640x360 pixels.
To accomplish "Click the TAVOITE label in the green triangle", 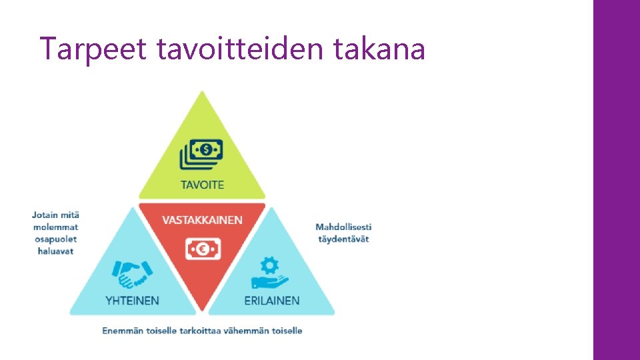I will tap(203, 185).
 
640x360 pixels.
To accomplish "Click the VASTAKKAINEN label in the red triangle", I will tap(203, 220).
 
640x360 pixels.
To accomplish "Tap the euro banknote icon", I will tap(203, 250).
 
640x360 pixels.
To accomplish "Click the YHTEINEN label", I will tap(133, 301).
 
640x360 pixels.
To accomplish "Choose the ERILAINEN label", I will tap(271, 301).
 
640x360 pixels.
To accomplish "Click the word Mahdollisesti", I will tap(343, 227).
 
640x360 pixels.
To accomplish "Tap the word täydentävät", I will tap(343, 239).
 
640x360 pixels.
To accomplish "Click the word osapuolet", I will tap(55, 239).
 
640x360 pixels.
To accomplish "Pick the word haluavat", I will tap(55, 251).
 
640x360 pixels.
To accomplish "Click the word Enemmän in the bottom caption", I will tap(122, 330).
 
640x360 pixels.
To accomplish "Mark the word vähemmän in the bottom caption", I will tap(247, 330).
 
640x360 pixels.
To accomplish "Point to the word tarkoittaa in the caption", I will tap(201, 330).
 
